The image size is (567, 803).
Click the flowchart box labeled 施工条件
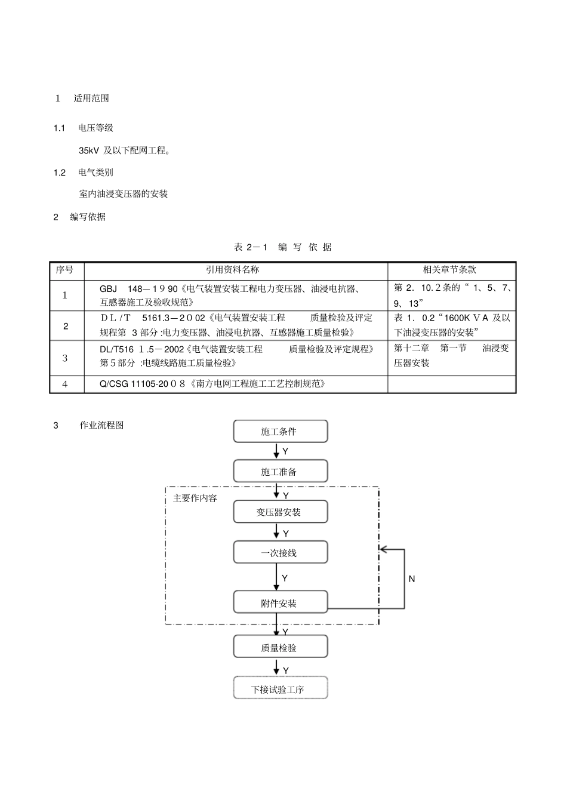280,431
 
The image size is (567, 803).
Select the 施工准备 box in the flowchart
280,471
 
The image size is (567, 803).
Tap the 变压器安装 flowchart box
280,512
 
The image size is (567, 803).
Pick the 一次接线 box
280,552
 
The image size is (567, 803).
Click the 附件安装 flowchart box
280,602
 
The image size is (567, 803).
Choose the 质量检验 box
280,647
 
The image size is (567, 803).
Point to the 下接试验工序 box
280,688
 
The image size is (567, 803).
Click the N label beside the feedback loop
412,579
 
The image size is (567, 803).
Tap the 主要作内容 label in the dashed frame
195,498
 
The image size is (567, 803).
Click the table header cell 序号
65,270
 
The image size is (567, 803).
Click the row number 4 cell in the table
65,384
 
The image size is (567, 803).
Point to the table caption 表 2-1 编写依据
283,247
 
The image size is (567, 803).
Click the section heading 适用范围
91,98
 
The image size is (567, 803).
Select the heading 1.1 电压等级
95,128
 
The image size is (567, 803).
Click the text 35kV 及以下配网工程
124,150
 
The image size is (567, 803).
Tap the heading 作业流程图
102,425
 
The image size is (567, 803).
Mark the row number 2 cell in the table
66,326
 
